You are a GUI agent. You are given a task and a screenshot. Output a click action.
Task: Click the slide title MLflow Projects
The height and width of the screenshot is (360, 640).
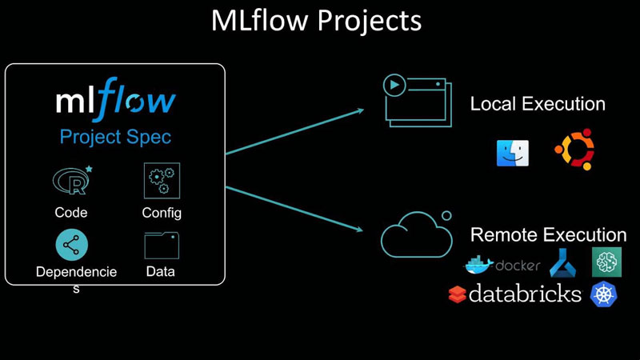[316, 21]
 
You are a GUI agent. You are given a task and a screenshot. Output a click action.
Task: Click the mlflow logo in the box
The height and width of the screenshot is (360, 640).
[115, 102]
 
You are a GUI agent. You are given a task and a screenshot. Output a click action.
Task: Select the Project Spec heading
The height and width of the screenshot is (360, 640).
[115, 137]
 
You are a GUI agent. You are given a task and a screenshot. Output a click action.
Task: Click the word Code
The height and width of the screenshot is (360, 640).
[71, 213]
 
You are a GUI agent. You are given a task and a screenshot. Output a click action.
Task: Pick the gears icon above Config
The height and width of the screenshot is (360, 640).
[162, 181]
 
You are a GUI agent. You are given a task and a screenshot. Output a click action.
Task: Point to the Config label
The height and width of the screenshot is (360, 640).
[162, 213]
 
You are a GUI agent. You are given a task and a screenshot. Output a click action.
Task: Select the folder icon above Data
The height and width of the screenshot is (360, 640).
[162, 246]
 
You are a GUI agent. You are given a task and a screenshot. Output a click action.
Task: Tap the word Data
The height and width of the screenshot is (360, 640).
[161, 272]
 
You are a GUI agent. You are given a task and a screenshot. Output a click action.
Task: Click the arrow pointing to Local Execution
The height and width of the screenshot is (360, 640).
[296, 129]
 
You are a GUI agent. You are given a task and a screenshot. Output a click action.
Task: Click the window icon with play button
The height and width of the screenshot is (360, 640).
[414, 99]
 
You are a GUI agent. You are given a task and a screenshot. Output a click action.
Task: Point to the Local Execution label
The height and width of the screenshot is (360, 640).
[538, 104]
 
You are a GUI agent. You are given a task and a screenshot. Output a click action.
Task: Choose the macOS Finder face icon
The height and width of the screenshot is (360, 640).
[512, 152]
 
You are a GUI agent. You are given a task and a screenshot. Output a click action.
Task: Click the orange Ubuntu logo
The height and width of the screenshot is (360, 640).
[574, 151]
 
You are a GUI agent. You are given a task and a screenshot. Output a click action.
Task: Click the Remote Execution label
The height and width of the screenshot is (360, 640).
[548, 235]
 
